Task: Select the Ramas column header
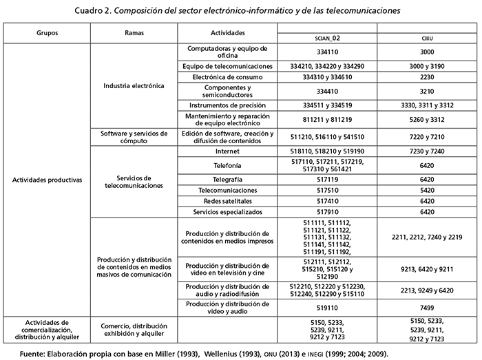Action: [134, 33]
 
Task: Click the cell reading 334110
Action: [327, 52]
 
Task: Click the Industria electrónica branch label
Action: [134, 86]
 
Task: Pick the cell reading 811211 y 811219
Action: [327, 118]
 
